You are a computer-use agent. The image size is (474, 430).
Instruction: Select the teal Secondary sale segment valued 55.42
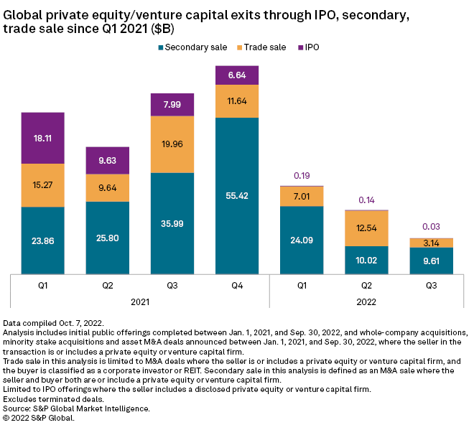tap(237, 195)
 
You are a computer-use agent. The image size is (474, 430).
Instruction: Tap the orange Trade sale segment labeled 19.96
tap(172, 144)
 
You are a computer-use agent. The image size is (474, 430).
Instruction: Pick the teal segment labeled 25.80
tap(108, 237)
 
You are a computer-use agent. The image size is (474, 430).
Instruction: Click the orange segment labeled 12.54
tap(366, 228)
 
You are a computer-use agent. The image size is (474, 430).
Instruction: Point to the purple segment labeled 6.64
tap(237, 75)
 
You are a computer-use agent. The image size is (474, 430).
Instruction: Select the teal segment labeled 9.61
tap(432, 260)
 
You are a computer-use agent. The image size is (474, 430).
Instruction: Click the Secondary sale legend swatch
tap(160, 47)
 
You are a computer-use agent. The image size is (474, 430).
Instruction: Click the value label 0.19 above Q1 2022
tap(302, 175)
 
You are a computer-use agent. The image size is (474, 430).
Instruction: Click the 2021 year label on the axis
tap(140, 303)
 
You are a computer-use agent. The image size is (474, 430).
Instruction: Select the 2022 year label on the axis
tap(366, 303)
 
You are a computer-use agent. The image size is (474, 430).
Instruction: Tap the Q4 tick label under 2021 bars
tap(237, 285)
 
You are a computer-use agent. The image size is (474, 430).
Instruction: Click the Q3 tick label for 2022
tap(432, 285)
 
